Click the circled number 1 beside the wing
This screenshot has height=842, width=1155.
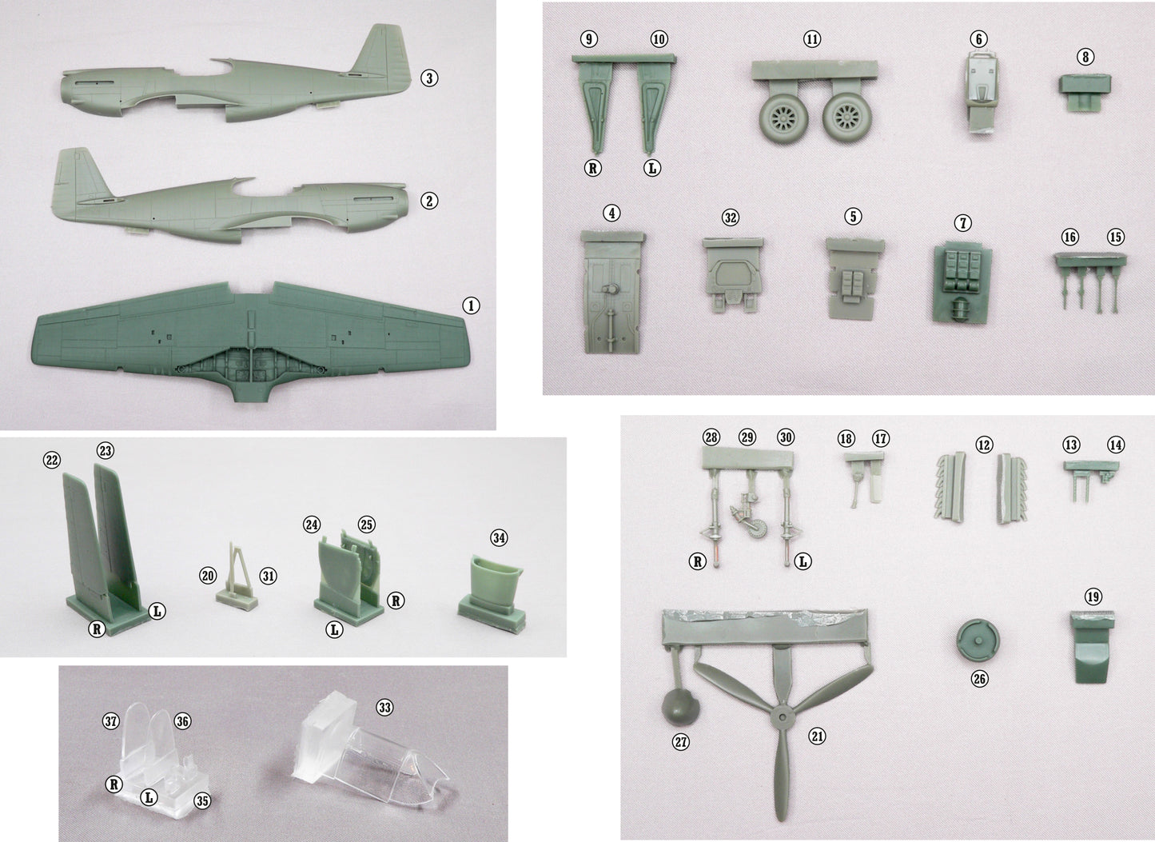pyautogui.click(x=470, y=305)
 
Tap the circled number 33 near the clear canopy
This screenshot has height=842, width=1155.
pyautogui.click(x=384, y=708)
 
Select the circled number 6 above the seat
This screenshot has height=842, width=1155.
pyautogui.click(x=978, y=38)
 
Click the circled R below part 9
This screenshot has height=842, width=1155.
pyautogui.click(x=593, y=168)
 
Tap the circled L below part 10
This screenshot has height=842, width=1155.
pyautogui.click(x=652, y=168)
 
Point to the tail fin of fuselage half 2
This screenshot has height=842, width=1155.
pyautogui.click(x=82, y=178)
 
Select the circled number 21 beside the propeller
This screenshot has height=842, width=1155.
pyautogui.click(x=817, y=736)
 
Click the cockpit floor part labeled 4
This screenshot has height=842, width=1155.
pyautogui.click(x=612, y=293)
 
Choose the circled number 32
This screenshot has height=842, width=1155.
pyautogui.click(x=730, y=217)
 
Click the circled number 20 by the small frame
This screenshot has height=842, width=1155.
pyautogui.click(x=208, y=575)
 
